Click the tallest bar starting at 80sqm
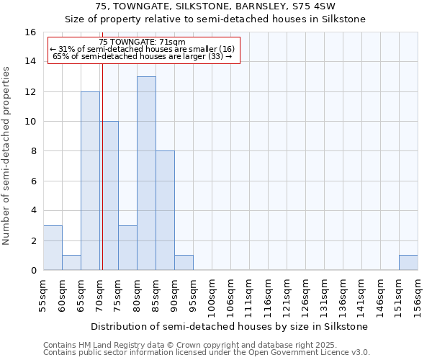pyautogui.click(x=146, y=173)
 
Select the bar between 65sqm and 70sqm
pyautogui.click(x=90, y=180)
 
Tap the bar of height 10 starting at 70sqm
pyautogui.click(x=110, y=195)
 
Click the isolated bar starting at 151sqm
pyautogui.click(x=408, y=263)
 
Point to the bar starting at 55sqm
pyautogui.click(x=53, y=248)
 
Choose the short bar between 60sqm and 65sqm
pyautogui.click(x=71, y=263)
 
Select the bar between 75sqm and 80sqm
pyautogui.click(x=127, y=248)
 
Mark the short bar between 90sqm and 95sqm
pyautogui.click(x=184, y=263)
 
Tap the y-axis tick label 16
pyautogui.click(x=30, y=32)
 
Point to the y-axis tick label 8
pyautogui.click(x=33, y=151)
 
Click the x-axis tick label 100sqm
pyautogui.click(x=212, y=296)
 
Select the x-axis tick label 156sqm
pyautogui.click(x=418, y=296)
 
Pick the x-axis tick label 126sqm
pyautogui.click(x=305, y=296)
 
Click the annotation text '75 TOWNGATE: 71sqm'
pyautogui.click(x=143, y=42)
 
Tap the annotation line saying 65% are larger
pyautogui.click(x=143, y=56)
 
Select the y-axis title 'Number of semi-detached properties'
pyautogui.click(x=7, y=156)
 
